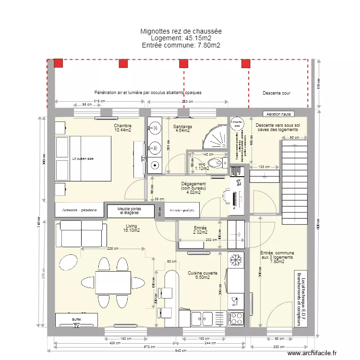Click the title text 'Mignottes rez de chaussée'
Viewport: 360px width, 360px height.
[181, 31]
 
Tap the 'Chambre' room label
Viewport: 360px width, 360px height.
[123, 125]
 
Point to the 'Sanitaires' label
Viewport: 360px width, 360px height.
[182, 127]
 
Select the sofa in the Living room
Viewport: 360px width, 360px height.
[81, 233]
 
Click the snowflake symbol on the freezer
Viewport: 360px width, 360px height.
[236, 260]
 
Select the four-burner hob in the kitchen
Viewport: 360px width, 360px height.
[236, 318]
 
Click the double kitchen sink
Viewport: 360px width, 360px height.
[202, 318]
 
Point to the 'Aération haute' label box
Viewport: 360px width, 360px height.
[280, 114]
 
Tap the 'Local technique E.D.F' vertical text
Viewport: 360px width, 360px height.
[299, 298]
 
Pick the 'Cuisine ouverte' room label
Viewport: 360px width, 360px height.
[203, 273]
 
